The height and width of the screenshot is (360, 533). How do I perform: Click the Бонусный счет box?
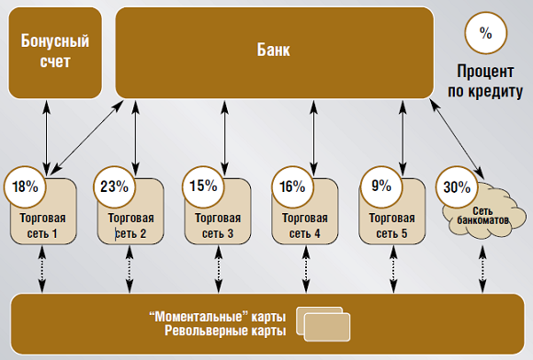coord(54,51)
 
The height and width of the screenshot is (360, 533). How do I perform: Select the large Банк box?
coord(274,51)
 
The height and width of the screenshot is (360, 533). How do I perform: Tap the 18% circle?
coord(25,186)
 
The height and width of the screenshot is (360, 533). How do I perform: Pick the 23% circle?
coord(113,186)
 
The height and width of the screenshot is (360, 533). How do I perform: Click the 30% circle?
coord(456,186)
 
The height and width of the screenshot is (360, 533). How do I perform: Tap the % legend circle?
coord(485,34)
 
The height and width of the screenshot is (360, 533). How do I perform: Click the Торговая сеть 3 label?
coord(219,226)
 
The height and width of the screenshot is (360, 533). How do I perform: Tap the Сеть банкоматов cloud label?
coord(483,216)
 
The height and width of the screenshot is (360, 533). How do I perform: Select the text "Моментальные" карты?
coord(218,316)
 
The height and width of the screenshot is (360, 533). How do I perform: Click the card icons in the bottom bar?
coord(323,322)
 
